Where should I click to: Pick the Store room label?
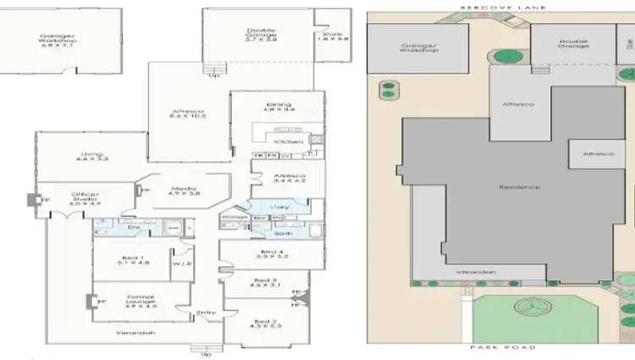tap(334, 35)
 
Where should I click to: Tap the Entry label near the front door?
tap(206, 312)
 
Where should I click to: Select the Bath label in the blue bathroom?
tap(283, 231)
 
